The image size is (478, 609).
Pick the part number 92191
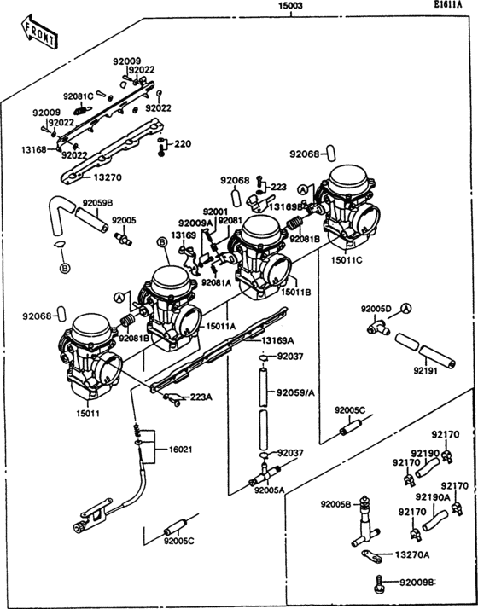click(x=430, y=371)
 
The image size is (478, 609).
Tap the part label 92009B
click(x=417, y=583)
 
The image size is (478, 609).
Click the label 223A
click(x=201, y=397)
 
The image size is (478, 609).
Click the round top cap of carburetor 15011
click(x=92, y=326)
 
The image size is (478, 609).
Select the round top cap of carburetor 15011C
click(x=347, y=177)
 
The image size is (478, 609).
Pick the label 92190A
click(x=433, y=496)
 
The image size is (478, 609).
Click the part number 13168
click(x=35, y=148)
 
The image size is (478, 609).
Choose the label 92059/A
click(x=295, y=392)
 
